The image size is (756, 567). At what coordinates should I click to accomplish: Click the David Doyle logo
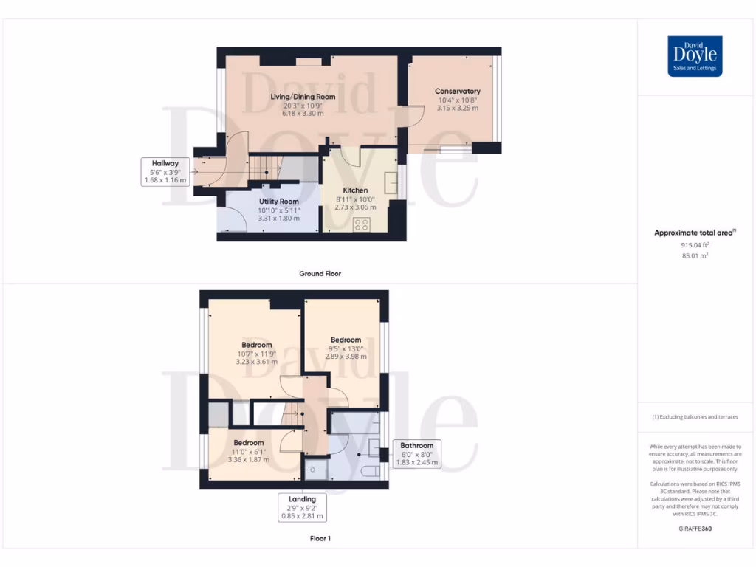coord(695,56)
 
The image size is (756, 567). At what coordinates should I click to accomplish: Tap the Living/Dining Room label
coord(303,97)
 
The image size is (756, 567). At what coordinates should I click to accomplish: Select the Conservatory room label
coord(457,92)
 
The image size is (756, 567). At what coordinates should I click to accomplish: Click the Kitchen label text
coord(355,190)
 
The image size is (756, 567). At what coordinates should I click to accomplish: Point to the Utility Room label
coord(278,202)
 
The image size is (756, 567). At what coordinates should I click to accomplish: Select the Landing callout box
coord(303,508)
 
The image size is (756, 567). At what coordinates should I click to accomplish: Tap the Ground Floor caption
coord(320,274)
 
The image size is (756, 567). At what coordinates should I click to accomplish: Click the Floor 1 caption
coord(320,539)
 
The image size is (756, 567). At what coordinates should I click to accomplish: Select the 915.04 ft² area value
coord(695,245)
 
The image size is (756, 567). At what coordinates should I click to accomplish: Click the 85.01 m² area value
coord(695,256)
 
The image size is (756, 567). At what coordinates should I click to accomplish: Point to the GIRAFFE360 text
coord(695,529)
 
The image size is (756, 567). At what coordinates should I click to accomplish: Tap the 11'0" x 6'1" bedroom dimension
coord(248,451)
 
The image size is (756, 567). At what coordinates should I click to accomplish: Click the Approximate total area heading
coord(694,233)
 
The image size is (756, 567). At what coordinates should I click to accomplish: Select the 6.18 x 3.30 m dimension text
coord(303,113)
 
